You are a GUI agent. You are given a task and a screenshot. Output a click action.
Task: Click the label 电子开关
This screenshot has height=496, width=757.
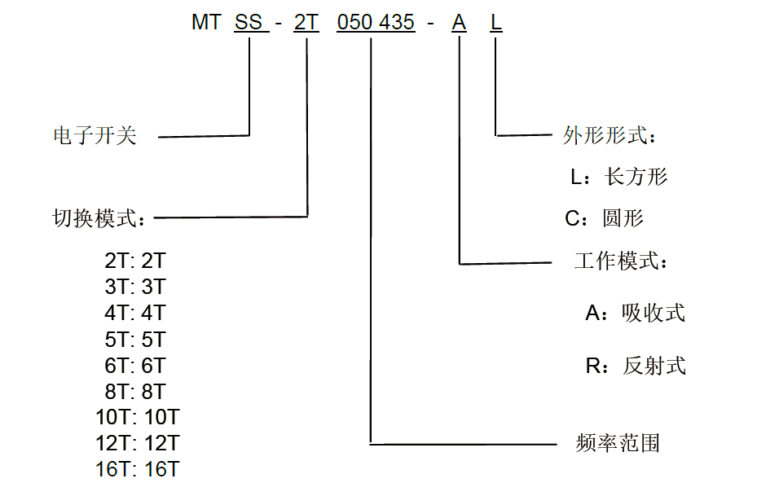tap(95, 136)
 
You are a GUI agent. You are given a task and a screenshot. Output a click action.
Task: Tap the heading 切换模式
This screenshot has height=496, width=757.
tap(98, 218)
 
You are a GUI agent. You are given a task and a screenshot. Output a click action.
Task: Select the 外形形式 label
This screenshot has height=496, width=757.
tap(610, 135)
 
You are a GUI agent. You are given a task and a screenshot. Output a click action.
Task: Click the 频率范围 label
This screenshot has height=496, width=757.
tap(618, 443)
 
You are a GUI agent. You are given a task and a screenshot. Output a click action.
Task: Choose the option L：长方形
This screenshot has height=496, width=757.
tap(618, 177)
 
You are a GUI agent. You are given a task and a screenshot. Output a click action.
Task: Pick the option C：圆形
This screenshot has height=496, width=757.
tap(604, 218)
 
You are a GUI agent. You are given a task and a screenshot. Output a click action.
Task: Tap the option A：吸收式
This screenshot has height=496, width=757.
tap(635, 313)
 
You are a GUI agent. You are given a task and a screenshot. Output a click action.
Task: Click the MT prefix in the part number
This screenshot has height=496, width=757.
tap(206, 23)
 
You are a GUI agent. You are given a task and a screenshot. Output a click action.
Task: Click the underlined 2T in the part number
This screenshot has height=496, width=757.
tap(306, 23)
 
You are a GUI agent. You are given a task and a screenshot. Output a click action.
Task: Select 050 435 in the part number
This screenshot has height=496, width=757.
tap(376, 23)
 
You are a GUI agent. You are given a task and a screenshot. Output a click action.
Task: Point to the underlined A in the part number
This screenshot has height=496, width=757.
tap(459, 23)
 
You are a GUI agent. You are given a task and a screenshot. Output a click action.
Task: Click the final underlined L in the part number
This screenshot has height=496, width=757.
tap(496, 23)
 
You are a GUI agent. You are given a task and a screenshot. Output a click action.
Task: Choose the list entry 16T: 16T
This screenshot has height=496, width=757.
tap(137, 470)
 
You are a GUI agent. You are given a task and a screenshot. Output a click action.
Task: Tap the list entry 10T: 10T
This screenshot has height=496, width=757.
tap(137, 418)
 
